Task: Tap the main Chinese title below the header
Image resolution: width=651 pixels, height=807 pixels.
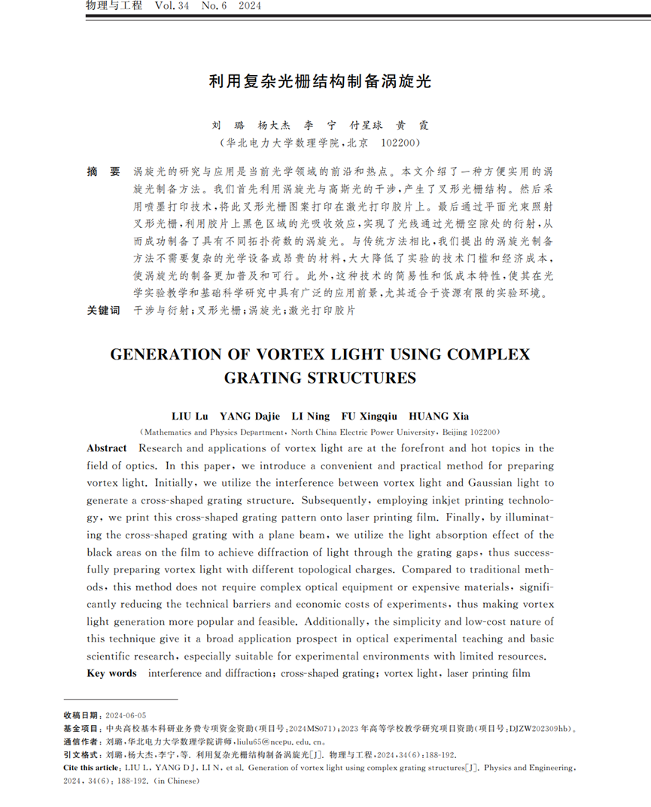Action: coord(320,81)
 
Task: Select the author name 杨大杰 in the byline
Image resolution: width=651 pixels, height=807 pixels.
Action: coord(273,126)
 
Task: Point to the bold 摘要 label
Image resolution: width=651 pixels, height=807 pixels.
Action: coord(103,172)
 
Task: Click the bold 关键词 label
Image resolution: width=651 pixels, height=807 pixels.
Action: coord(103,310)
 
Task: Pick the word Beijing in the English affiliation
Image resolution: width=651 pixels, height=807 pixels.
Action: coord(455,432)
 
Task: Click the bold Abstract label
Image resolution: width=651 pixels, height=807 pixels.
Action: coord(107,448)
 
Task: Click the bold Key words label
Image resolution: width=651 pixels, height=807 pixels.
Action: coord(112,673)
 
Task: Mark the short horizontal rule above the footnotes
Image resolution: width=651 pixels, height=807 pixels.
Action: coord(120,699)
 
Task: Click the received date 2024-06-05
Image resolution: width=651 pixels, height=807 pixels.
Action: coord(126,715)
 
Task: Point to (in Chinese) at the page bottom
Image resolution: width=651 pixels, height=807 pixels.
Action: coord(180,781)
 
